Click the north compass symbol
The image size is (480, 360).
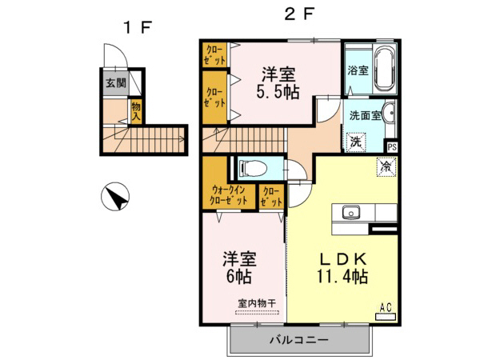click(117, 196)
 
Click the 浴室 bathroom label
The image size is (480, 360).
click(358, 70)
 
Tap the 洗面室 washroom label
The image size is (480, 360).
click(363, 114)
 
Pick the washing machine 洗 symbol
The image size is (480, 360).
click(356, 140)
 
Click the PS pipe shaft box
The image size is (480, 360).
click(392, 147)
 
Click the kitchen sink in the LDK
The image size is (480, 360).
click(351, 212)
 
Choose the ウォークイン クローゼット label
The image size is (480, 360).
click(229, 196)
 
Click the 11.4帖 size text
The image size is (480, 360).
click(342, 278)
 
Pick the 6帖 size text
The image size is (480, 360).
click(239, 277)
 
